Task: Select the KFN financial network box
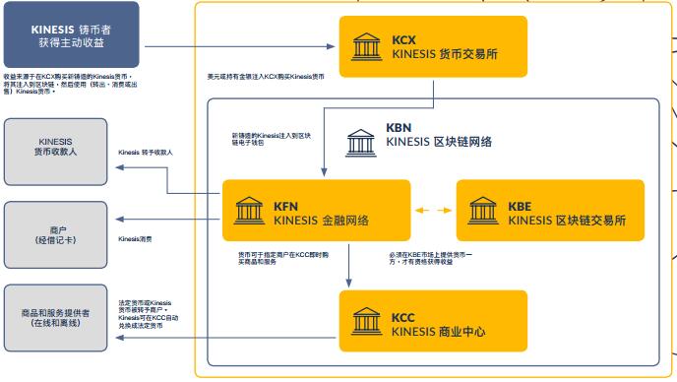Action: (314, 211)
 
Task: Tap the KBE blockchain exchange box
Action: (550, 211)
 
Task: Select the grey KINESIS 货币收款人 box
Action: (55, 149)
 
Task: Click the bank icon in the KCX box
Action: (367, 46)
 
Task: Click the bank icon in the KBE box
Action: (483, 211)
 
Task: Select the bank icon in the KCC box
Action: (367, 322)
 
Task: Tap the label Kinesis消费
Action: (135, 239)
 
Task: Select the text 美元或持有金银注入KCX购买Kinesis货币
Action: (266, 76)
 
